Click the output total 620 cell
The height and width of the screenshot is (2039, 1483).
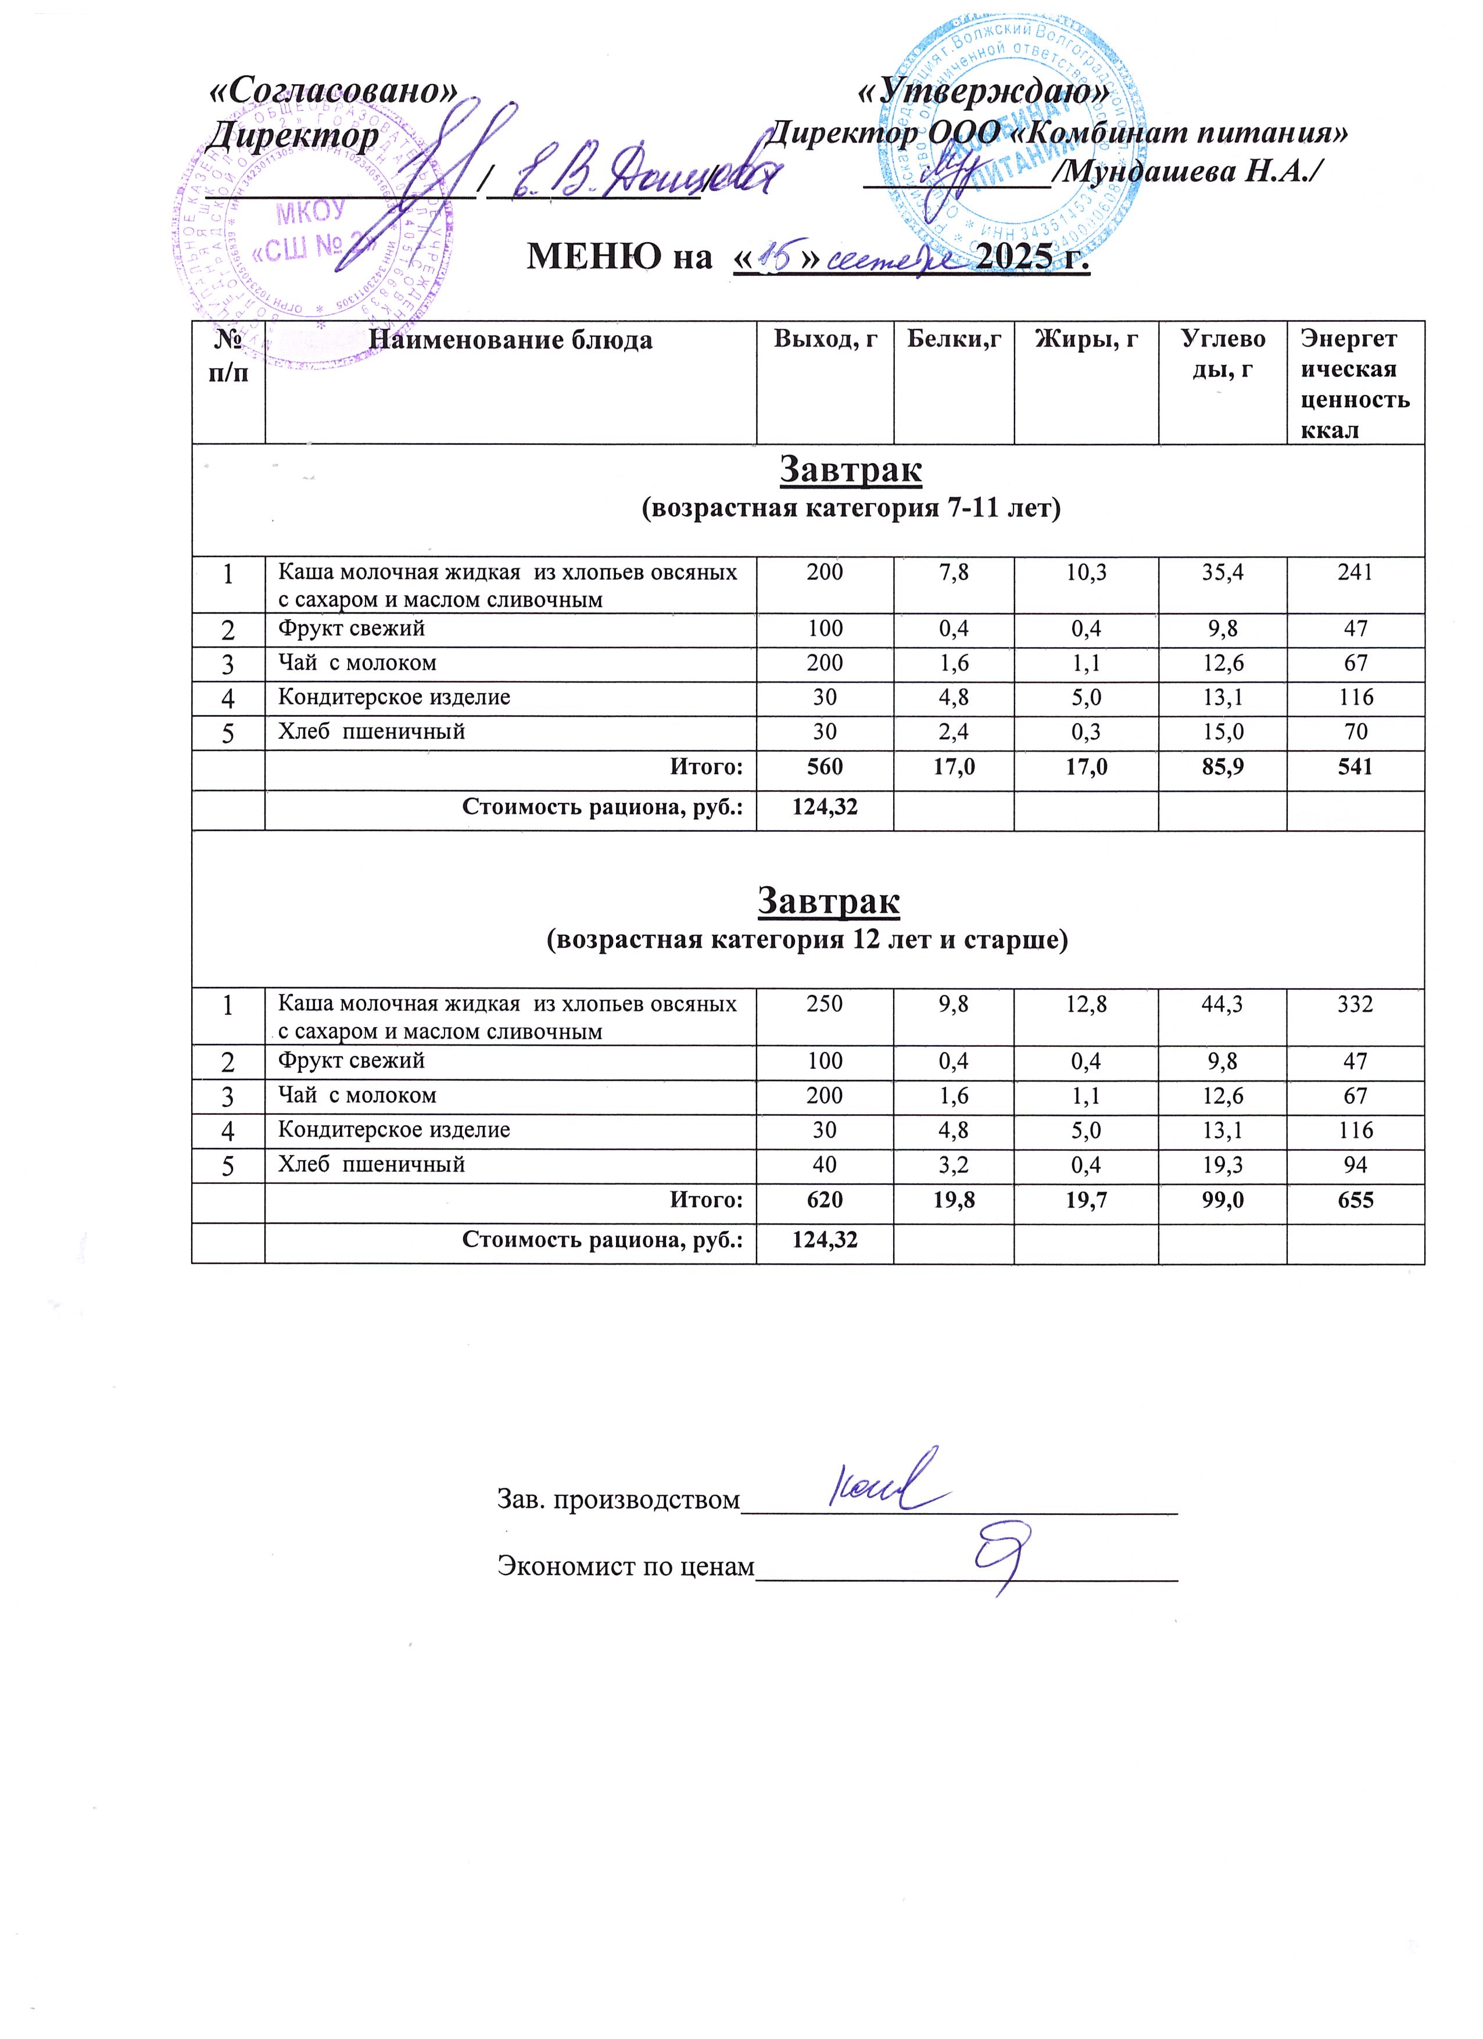point(825,1200)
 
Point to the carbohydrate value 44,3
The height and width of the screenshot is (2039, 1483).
point(1222,1004)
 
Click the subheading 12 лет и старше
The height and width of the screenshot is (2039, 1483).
point(808,940)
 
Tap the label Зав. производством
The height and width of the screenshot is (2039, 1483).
point(618,1499)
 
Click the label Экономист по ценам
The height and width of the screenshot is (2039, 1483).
point(626,1567)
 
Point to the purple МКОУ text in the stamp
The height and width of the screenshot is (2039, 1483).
point(311,214)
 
